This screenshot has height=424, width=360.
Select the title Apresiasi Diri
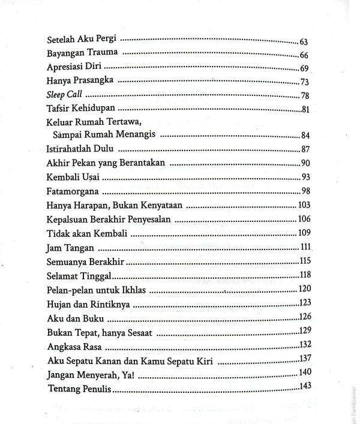[x=76, y=68]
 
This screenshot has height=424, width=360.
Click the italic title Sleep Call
[x=64, y=95]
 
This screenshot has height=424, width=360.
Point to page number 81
[x=304, y=109]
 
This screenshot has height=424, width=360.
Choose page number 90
[x=304, y=163]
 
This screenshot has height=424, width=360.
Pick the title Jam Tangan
[x=67, y=248]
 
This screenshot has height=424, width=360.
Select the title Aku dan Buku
[x=71, y=317]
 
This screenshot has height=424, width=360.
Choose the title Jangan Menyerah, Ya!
[x=90, y=374]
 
